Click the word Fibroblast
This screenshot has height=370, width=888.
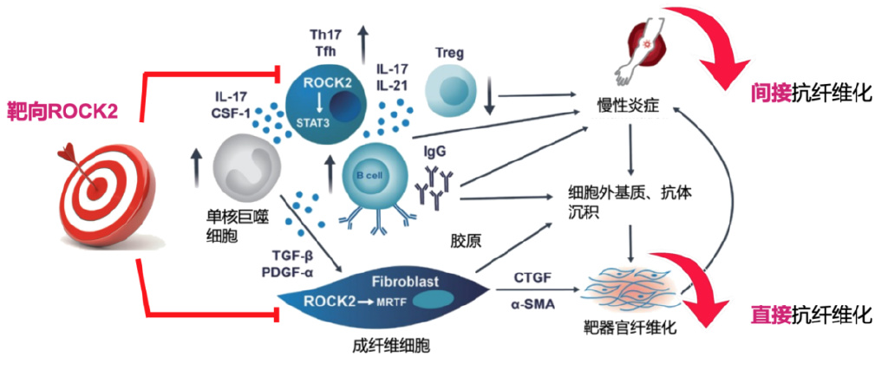click(407, 282)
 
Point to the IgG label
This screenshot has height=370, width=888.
click(435, 150)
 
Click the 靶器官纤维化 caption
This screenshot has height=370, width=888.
click(630, 328)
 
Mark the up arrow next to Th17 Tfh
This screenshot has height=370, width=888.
click(362, 38)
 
